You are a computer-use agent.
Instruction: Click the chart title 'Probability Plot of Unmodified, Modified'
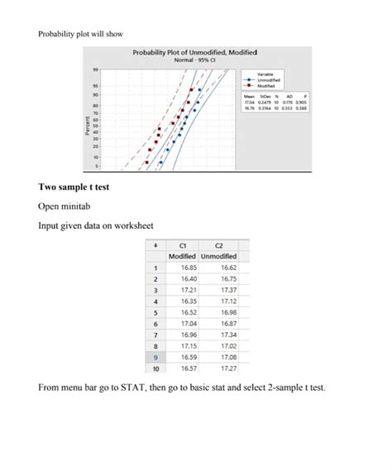[x=195, y=53]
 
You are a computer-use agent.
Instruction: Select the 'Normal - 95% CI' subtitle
[x=195, y=60]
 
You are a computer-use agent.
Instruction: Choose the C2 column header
[x=219, y=245]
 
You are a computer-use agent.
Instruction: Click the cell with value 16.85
[x=188, y=268]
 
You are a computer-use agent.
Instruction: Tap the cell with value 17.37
[x=229, y=291]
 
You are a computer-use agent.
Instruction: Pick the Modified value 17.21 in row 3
[x=188, y=291]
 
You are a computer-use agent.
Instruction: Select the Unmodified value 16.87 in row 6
[x=229, y=325]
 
